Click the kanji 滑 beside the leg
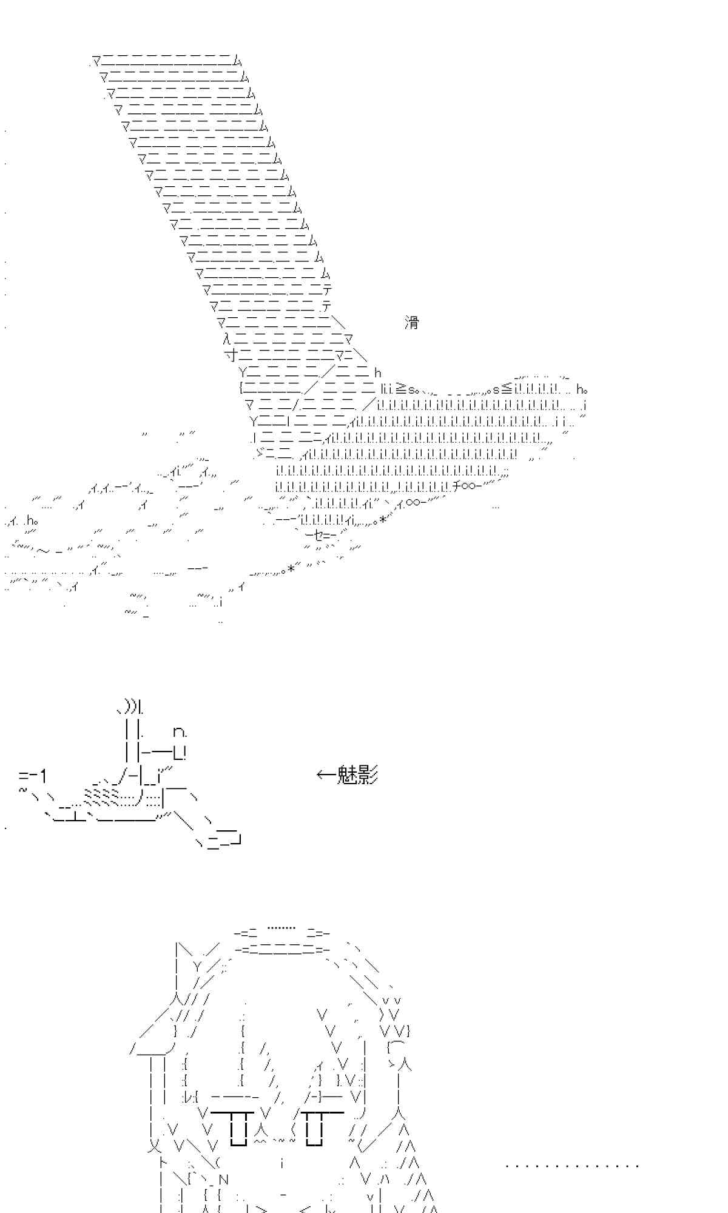[412, 323]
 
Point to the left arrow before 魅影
[326, 775]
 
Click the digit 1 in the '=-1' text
[41, 776]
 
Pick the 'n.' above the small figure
[180, 732]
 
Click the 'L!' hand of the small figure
[179, 753]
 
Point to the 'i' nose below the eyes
[283, 1163]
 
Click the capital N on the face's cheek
[224, 1180]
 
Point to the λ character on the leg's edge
[227, 339]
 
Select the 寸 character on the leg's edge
[231, 355]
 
